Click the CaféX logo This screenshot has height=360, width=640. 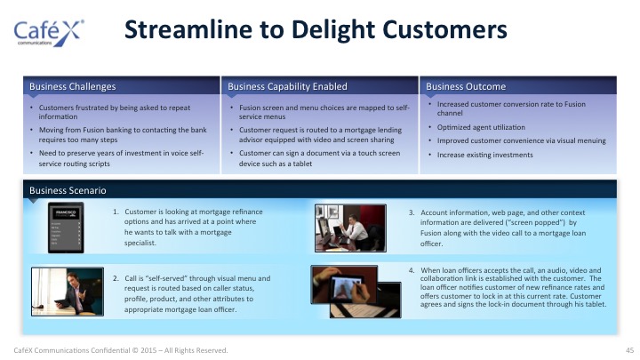tap(49, 33)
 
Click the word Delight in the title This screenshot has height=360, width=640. tap(332, 30)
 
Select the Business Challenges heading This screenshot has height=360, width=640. tap(73, 86)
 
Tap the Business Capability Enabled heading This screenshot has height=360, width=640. tap(287, 86)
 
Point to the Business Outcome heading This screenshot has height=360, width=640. tap(466, 86)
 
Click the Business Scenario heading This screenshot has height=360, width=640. tap(68, 190)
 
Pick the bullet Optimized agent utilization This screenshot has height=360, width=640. tap(481, 127)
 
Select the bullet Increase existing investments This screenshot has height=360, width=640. tap(485, 155)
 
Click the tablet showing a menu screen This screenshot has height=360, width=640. tap(66, 228)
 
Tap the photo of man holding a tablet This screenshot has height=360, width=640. tap(68, 292)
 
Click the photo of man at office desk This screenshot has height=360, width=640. tap(350, 228)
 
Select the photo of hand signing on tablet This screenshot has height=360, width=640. tap(356, 292)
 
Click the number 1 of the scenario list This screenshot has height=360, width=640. tap(116, 212)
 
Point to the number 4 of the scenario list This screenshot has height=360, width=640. tap(412, 270)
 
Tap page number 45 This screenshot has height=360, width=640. tap(630, 350)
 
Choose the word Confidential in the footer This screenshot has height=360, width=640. tap(110, 350)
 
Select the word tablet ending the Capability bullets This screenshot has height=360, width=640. tap(302, 164)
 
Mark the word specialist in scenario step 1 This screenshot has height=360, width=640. tap(140, 244)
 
